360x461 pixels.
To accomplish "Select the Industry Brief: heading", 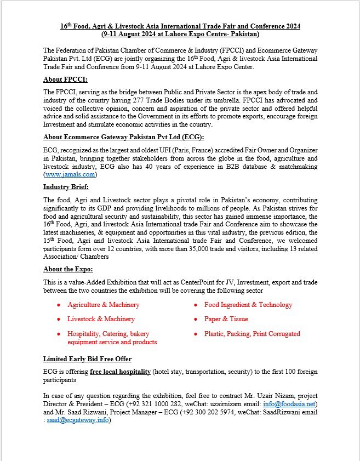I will [x=66, y=187].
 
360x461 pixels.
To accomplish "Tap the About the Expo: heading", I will [x=68, y=269].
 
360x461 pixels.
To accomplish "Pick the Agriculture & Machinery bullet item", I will [x=103, y=305].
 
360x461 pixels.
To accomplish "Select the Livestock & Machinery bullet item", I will [x=101, y=319].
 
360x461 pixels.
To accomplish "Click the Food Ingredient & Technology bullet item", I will [x=248, y=305].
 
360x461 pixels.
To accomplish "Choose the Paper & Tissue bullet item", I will [x=226, y=319].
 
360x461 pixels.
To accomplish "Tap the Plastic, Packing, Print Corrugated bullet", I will [x=252, y=333].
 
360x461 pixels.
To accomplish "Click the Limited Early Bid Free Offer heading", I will [x=87, y=359].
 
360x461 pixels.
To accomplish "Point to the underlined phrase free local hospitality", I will [x=121, y=372].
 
